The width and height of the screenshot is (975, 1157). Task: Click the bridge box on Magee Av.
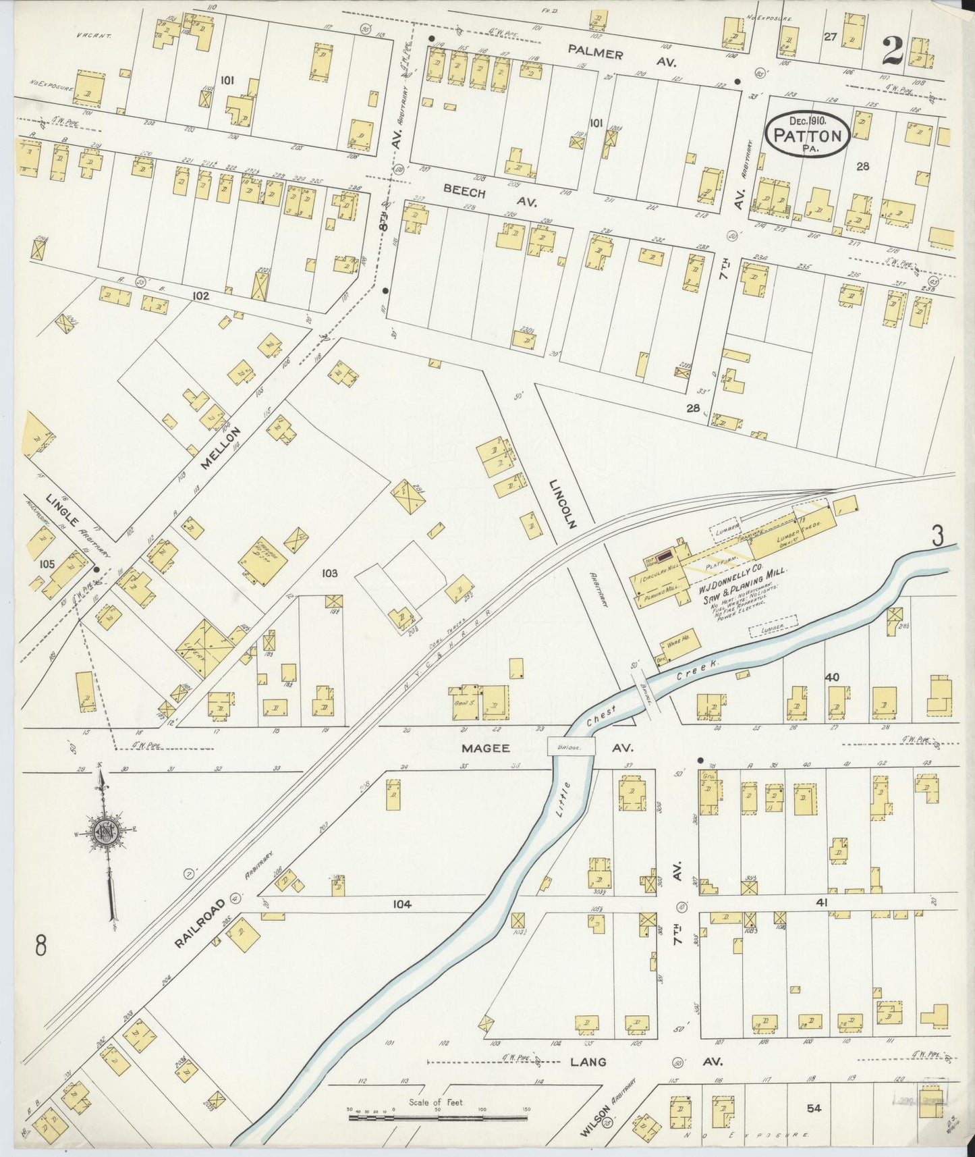(x=572, y=746)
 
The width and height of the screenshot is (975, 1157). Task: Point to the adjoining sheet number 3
(x=937, y=537)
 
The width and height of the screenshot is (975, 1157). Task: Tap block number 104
(x=401, y=904)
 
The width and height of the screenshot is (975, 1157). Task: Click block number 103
(x=329, y=573)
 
